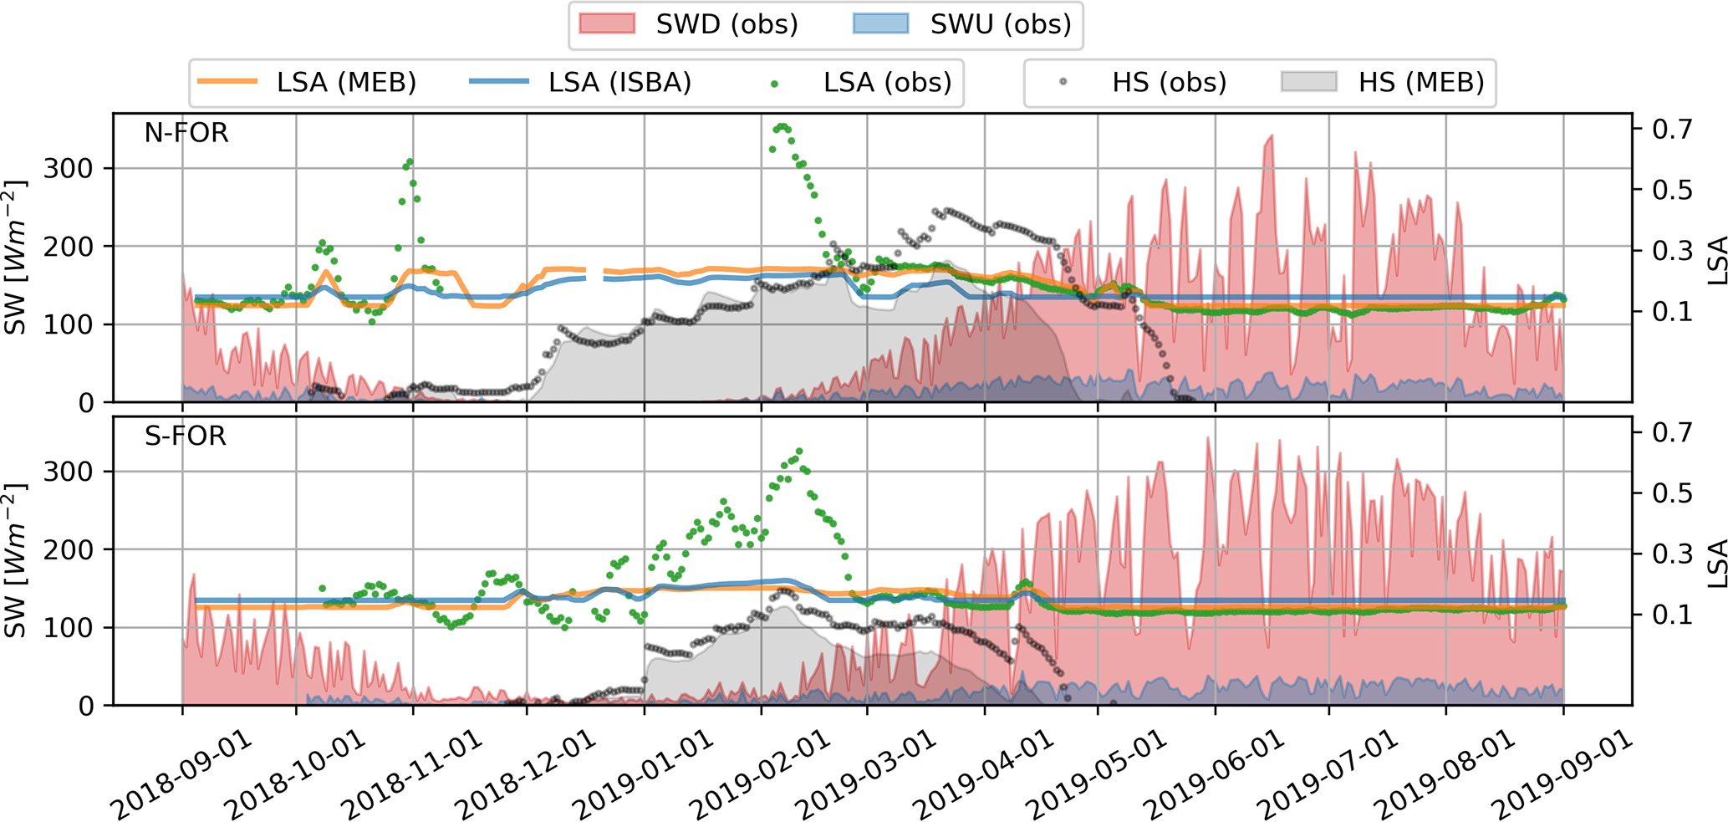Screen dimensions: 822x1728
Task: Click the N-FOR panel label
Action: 186,134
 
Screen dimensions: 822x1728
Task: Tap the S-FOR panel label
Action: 186,437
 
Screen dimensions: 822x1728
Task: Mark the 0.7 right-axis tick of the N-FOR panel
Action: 1671,130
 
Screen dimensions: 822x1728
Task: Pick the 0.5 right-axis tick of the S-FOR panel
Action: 1671,493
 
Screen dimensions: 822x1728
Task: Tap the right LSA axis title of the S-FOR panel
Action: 1715,562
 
